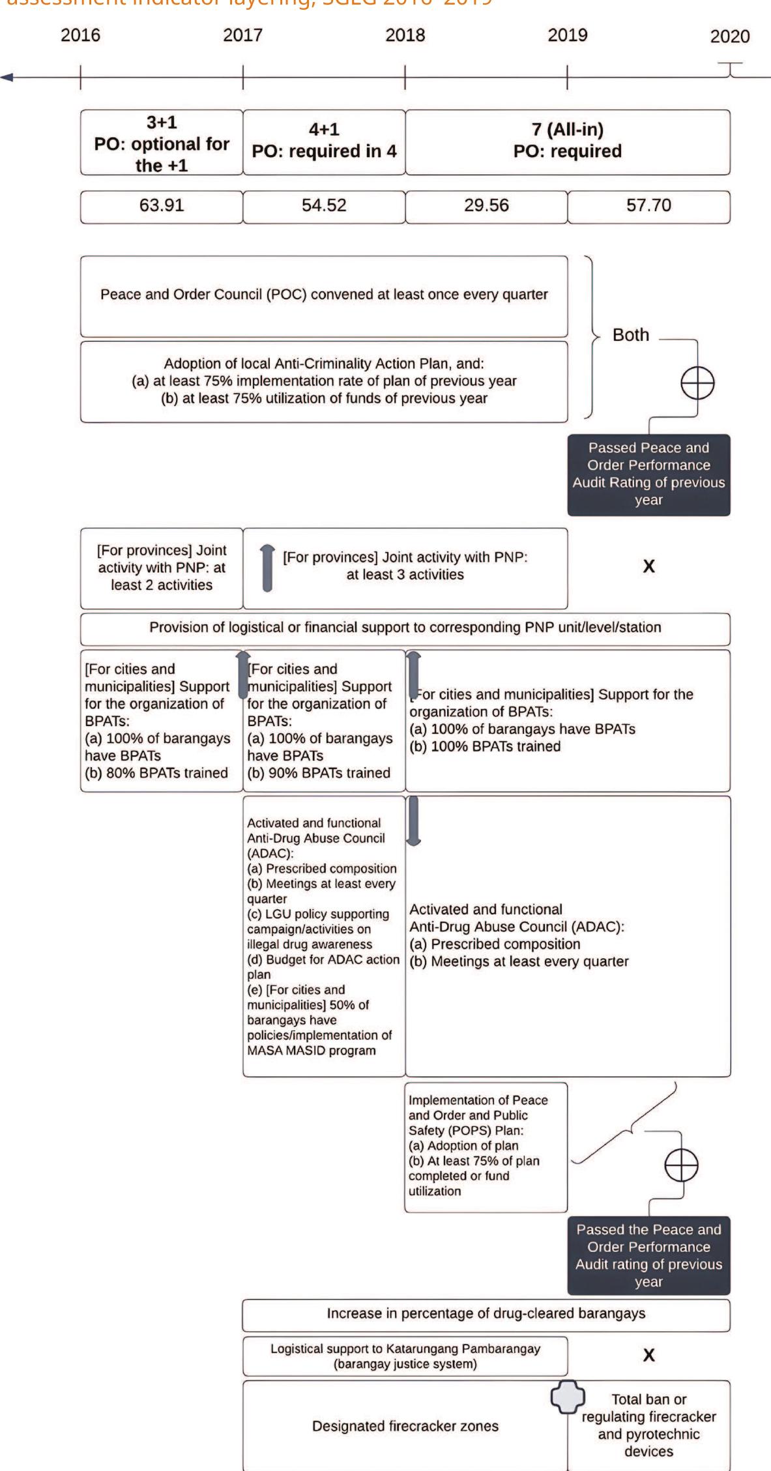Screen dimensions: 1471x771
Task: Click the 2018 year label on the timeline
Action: pyautogui.click(x=405, y=35)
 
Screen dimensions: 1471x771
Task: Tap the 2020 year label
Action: pyautogui.click(x=729, y=36)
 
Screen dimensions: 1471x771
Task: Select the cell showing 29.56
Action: pyautogui.click(x=486, y=206)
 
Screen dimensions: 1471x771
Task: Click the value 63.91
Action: pyautogui.click(x=162, y=206)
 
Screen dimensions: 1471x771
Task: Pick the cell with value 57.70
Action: pyautogui.click(x=648, y=206)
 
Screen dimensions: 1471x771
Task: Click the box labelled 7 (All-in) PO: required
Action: pyautogui.click(x=567, y=141)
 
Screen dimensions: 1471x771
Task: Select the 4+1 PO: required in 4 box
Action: pyautogui.click(x=324, y=141)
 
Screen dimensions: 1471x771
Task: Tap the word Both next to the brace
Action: pyautogui.click(x=630, y=335)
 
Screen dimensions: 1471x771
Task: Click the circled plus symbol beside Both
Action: pyautogui.click(x=697, y=383)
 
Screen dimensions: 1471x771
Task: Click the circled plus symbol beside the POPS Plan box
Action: pyautogui.click(x=681, y=1165)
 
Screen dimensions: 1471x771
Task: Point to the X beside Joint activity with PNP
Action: pyautogui.click(x=648, y=566)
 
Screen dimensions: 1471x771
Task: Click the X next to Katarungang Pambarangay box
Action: pyautogui.click(x=648, y=1356)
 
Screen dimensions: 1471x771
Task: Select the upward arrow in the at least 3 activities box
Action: pyautogui.click(x=267, y=568)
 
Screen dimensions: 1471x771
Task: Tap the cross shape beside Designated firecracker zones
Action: pyautogui.click(x=568, y=1397)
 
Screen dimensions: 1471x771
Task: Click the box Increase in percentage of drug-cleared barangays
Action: pyautogui.click(x=486, y=1314)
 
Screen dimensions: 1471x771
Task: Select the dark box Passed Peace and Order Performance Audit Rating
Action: pyautogui.click(x=648, y=474)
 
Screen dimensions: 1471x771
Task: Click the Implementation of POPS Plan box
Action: pyautogui.click(x=485, y=1147)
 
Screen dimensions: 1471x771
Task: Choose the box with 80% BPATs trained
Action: pyautogui.click(x=161, y=720)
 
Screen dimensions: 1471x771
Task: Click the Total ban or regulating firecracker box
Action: pyautogui.click(x=648, y=1425)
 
